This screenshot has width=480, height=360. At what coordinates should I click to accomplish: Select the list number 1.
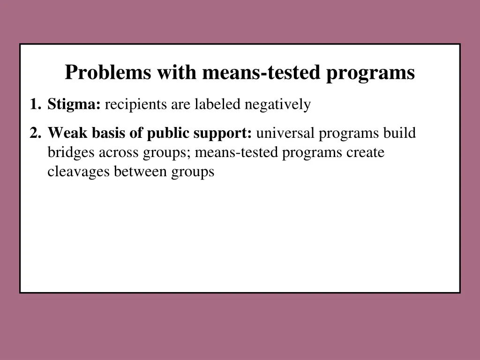33,105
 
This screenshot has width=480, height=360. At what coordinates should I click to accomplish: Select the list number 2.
34,134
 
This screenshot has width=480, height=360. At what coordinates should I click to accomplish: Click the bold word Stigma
74,105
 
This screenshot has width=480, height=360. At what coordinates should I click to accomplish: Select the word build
399,134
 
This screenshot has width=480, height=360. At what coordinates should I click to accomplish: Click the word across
119,153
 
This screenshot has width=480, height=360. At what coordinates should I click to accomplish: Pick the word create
365,153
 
